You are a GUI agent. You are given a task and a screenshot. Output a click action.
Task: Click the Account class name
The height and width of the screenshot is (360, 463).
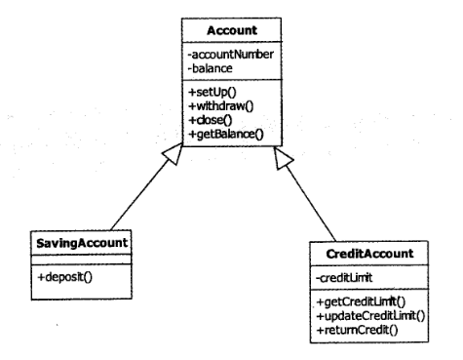(232, 30)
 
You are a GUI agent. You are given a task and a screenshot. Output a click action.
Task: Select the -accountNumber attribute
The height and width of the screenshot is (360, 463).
(231, 54)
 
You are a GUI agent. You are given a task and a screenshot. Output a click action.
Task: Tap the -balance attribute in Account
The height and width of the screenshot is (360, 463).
(211, 68)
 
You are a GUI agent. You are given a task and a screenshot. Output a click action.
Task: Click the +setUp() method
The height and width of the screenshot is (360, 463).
(212, 92)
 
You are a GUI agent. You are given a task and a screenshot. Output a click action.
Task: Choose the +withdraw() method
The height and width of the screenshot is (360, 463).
(221, 106)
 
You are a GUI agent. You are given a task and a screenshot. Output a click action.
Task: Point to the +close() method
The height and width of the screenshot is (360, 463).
(211, 120)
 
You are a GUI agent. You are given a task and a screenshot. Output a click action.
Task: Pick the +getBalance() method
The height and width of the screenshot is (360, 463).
(226, 134)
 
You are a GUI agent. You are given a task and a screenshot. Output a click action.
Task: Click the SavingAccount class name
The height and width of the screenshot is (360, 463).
(82, 243)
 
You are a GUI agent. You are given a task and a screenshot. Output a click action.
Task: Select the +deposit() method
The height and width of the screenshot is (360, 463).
(65, 277)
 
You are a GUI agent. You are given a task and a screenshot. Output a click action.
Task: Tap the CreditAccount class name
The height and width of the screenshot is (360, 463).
(369, 254)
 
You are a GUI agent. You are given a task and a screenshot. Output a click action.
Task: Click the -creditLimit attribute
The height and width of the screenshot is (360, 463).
(344, 278)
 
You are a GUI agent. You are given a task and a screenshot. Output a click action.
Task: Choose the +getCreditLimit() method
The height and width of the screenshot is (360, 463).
(361, 301)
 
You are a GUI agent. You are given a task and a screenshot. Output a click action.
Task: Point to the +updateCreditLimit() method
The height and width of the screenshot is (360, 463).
(370, 316)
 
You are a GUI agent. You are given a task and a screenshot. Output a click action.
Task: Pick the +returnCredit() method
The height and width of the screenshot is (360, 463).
(357, 330)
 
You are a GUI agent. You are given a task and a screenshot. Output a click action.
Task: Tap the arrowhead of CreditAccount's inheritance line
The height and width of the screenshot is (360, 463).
(283, 158)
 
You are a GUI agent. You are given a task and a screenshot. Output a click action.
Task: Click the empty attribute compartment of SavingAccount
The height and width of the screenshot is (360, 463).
(82, 260)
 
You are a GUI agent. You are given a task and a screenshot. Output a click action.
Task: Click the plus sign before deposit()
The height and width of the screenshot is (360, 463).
(41, 277)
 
